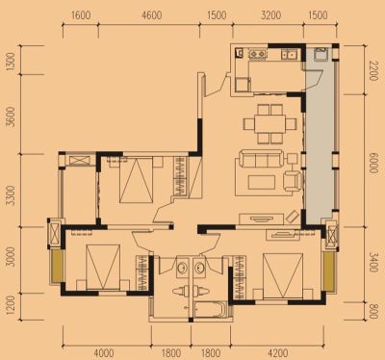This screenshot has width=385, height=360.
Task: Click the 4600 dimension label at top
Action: coord(152,15)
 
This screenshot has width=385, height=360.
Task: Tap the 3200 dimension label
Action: coord(271,15)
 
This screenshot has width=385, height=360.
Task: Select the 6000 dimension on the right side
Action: coord(373,163)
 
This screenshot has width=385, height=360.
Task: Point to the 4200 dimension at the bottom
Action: coord(277,353)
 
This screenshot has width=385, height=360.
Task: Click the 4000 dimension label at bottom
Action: coord(104,353)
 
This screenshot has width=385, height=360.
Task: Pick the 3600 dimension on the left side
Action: coord(11,116)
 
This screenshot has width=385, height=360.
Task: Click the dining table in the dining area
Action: coord(269,123)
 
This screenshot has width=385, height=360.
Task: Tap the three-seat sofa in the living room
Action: coord(259,159)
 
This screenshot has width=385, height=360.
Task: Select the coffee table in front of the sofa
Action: coord(262,182)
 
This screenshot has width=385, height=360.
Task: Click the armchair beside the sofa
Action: coord(293,181)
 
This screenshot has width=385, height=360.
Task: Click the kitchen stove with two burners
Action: coord(258,54)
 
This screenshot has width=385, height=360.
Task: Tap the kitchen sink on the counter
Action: coord(289,54)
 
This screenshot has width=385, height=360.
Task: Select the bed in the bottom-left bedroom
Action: coord(103,267)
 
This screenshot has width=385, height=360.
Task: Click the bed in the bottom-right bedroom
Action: coord(283,276)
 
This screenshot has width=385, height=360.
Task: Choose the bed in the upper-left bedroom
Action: coord(136,180)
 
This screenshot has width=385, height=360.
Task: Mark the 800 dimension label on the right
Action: coord(373,311)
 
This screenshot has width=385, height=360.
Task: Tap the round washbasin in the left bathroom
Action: coord(183,267)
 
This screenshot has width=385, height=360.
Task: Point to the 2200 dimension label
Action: coord(373,70)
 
